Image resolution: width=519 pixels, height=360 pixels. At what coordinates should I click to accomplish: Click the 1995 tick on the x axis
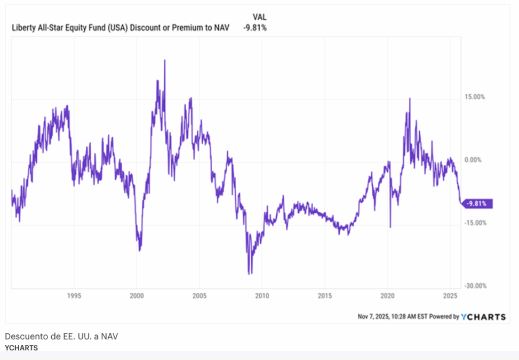click(74, 295)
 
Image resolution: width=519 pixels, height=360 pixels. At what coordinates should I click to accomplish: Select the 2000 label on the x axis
click(137, 295)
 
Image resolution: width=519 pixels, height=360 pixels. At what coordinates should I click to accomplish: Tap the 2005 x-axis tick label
click(199, 295)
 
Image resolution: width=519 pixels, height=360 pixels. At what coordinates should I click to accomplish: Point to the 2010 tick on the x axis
click(262, 295)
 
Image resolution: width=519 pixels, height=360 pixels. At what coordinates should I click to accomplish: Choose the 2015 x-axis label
click(325, 295)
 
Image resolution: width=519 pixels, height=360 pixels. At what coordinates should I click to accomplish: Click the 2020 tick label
click(387, 295)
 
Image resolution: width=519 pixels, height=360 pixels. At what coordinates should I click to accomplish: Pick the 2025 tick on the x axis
click(450, 295)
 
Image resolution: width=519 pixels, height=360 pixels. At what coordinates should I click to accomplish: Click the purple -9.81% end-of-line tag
click(477, 203)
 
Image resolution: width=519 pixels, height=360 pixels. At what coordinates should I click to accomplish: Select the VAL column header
click(260, 17)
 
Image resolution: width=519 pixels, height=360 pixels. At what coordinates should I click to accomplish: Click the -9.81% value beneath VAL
click(255, 28)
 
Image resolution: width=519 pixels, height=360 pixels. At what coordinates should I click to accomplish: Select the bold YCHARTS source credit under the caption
click(21, 348)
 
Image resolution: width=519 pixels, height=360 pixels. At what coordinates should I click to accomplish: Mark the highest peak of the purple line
click(164, 60)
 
